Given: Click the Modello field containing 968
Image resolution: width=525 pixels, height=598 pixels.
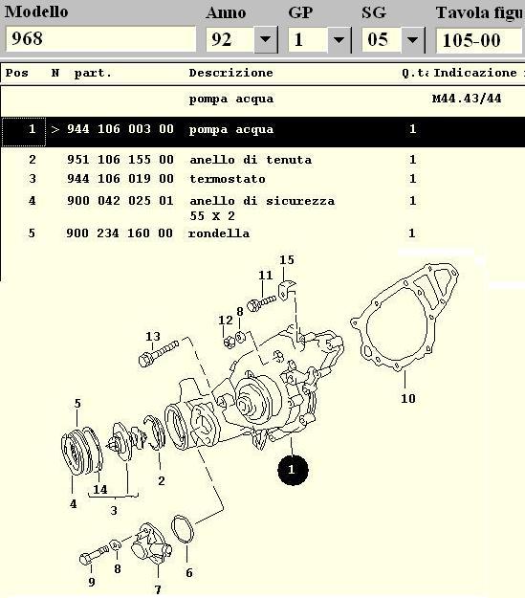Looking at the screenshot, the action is [100, 39].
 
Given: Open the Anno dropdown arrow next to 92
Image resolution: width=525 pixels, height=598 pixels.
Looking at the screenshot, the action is [265, 39].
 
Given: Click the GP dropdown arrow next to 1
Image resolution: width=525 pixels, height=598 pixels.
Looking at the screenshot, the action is [339, 39].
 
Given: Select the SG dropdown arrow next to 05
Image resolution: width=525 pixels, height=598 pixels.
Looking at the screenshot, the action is [412, 39].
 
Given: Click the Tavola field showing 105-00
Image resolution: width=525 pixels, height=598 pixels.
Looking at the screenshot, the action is [479, 40].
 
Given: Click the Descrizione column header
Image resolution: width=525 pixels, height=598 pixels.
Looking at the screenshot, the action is [231, 73].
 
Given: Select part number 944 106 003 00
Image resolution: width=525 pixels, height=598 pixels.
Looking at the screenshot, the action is [120, 129].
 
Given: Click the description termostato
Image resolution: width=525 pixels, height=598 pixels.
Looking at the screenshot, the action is [228, 179].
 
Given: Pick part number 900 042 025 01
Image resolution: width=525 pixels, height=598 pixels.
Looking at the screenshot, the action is [120, 201].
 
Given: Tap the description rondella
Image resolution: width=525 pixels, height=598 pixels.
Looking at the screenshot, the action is [219, 233].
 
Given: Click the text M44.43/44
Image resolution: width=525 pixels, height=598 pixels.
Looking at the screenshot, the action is [467, 99].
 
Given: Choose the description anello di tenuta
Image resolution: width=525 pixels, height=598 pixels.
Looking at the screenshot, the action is [251, 160].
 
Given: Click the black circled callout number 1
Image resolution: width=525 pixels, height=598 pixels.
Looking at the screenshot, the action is [293, 470].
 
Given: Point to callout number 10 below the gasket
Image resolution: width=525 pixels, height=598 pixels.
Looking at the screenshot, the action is [407, 399].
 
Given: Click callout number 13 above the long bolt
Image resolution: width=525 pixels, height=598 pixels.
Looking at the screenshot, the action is [152, 337].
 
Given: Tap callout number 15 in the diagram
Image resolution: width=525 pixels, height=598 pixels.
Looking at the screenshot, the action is [287, 259].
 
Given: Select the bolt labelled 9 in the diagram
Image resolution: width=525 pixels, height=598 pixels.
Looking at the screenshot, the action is [94, 555].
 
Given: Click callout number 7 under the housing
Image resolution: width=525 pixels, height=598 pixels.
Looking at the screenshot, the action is [158, 589].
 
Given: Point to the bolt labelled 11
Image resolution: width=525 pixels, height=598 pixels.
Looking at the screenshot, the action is [261, 302].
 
